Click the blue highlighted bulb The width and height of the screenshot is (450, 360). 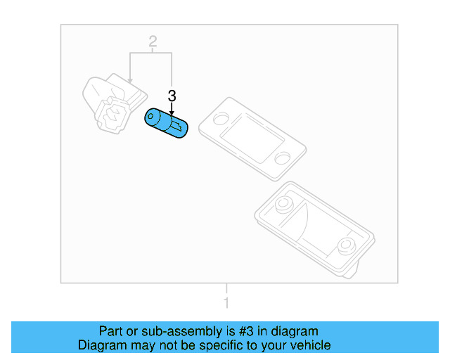(166, 123)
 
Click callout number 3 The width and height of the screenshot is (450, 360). (172, 96)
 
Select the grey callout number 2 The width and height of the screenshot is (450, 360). (153, 41)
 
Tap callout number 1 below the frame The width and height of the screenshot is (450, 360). (226, 302)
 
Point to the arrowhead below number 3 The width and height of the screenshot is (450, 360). (172, 113)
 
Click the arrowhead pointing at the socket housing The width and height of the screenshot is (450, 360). (130, 81)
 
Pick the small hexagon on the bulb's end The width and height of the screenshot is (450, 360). (150, 116)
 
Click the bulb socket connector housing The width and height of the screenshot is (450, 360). (113, 103)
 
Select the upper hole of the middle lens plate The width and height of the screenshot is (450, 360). (221, 119)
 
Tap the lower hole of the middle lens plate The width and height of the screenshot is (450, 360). (282, 158)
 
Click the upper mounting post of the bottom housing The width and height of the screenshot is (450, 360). (283, 203)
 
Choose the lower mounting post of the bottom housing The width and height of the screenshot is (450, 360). (347, 245)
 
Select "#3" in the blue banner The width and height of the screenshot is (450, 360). (246, 331)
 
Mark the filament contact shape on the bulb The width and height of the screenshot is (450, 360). (176, 126)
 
